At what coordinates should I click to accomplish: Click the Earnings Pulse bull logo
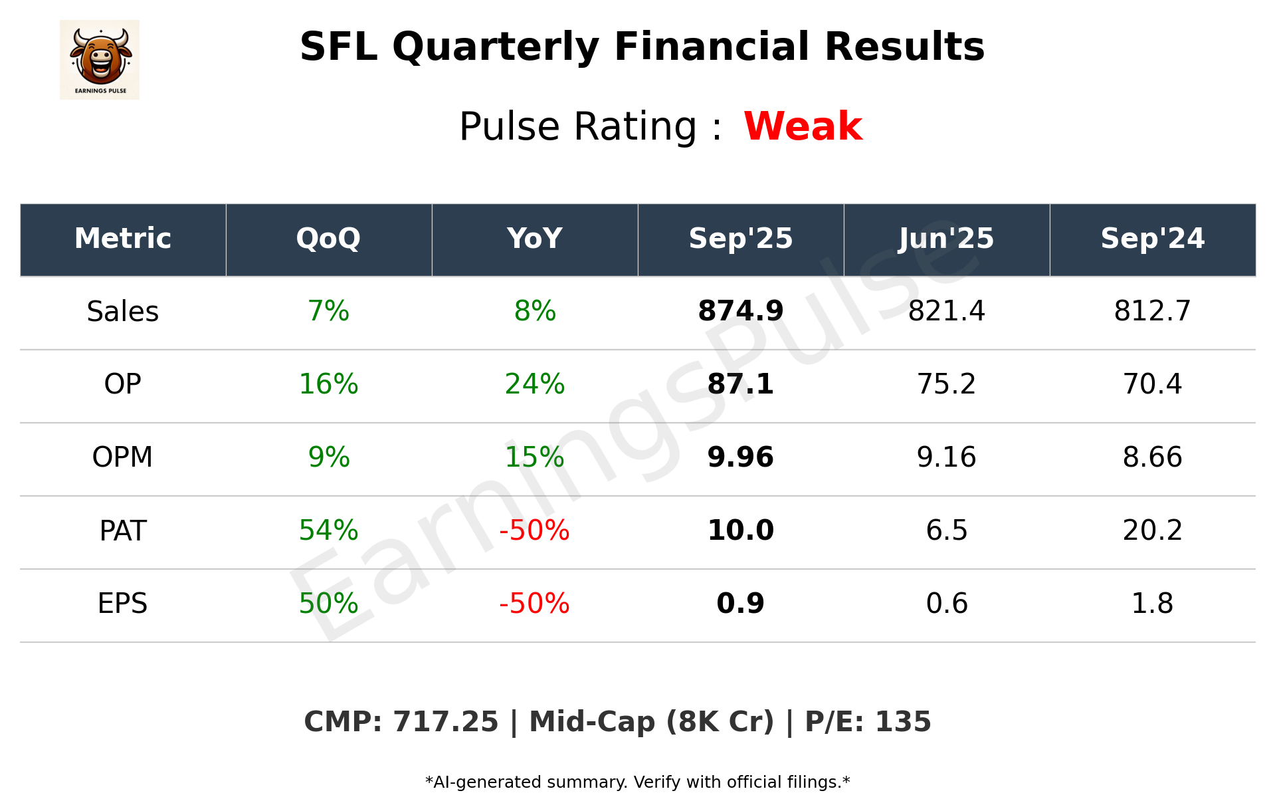(x=100, y=59)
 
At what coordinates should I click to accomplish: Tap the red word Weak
(x=803, y=126)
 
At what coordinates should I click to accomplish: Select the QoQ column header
(x=328, y=239)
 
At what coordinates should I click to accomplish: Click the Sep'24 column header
(x=1152, y=239)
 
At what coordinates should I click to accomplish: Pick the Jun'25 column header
(x=946, y=239)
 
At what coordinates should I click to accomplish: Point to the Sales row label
(x=123, y=311)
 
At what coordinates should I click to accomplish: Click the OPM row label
(x=123, y=457)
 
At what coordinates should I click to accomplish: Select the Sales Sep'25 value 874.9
(x=741, y=311)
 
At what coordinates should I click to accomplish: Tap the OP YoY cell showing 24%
(x=535, y=384)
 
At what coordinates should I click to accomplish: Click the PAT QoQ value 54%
(x=328, y=530)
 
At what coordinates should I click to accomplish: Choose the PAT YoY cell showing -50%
(x=535, y=530)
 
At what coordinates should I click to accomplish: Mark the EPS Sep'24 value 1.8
(x=1152, y=604)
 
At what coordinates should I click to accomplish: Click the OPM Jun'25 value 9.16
(x=946, y=457)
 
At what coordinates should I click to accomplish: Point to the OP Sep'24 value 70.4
(x=1152, y=384)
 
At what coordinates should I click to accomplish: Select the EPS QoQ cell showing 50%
(x=328, y=604)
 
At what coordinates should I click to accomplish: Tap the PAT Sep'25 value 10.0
(x=741, y=530)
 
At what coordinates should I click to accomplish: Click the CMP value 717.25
(x=445, y=722)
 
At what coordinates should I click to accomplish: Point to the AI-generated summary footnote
(x=637, y=782)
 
